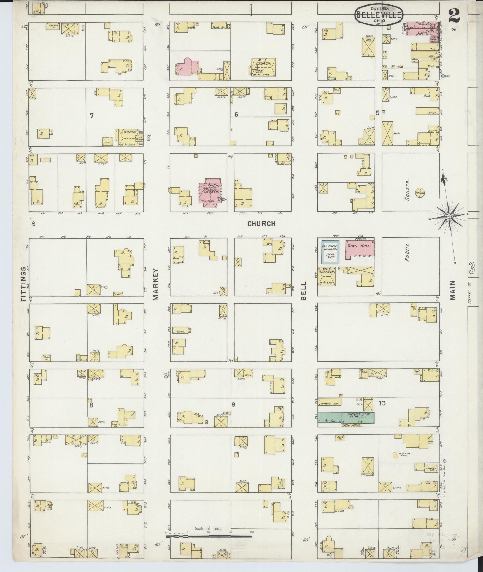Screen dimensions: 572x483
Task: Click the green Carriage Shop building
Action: (x=346, y=417)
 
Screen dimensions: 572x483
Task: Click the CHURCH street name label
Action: (x=261, y=224)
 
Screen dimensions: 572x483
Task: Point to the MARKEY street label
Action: (x=156, y=284)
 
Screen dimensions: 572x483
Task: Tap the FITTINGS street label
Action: (x=24, y=284)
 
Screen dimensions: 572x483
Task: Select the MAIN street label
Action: (x=452, y=290)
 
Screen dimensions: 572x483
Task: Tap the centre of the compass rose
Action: (x=449, y=217)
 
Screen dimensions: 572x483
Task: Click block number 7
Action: (x=92, y=116)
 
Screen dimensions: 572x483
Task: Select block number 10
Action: (x=382, y=403)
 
